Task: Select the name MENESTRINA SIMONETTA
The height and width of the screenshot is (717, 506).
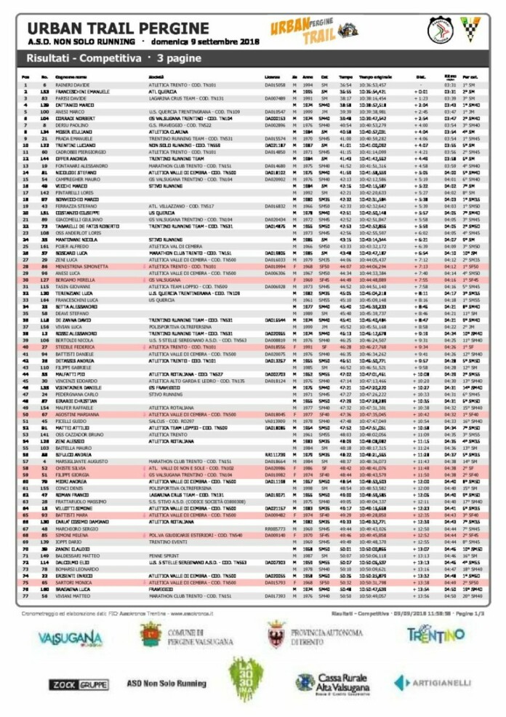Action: coord(83,267)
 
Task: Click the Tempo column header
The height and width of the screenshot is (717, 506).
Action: coord(345,76)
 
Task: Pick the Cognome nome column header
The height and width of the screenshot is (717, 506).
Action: coord(71,76)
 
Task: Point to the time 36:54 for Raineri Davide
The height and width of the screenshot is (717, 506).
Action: coord(345,85)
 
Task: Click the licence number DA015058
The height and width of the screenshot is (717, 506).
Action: coord(273,85)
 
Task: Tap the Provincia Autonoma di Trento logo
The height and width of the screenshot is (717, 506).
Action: coord(308,635)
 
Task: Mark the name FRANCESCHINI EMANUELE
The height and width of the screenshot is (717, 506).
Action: coord(82,92)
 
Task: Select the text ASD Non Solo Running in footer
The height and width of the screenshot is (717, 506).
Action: coord(166,684)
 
